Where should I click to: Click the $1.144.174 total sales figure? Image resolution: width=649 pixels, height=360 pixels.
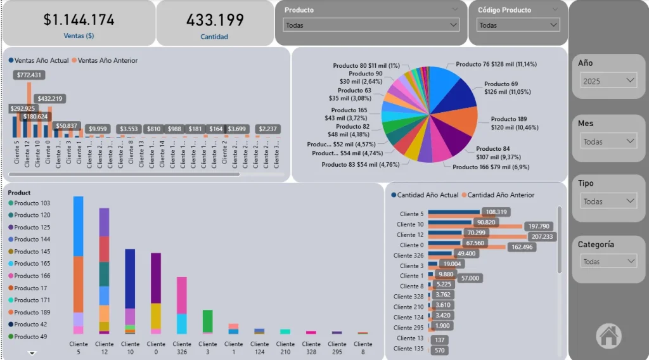coord(79,20)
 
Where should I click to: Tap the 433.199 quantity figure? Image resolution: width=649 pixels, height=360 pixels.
coord(215,20)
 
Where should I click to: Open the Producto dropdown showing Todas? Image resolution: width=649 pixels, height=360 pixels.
coord(371,25)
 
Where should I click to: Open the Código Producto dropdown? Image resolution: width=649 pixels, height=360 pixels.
coord(518,25)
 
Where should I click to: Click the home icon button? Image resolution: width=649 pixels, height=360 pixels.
coord(608,335)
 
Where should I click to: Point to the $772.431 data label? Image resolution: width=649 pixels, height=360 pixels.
coord(30,75)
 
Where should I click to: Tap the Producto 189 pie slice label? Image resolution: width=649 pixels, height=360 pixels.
coord(514,123)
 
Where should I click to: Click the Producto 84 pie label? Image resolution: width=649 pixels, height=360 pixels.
coord(498,153)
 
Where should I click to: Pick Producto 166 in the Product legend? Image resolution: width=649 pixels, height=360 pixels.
coord(32,276)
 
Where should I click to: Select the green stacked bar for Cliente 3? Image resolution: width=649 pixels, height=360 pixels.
coord(207,321)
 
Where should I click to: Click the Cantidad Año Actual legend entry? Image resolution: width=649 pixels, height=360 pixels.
coord(428,195)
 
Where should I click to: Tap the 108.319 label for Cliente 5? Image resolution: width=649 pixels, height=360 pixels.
coord(496,212)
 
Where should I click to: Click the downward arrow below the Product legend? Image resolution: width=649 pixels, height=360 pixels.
coord(32,353)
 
